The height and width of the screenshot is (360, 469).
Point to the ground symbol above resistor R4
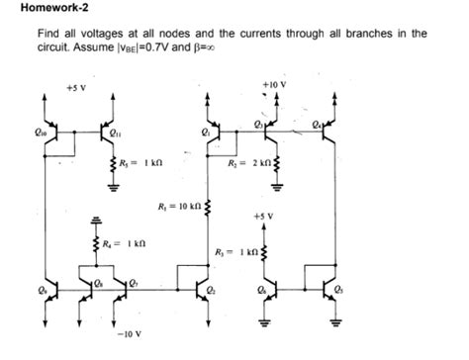(86, 221)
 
